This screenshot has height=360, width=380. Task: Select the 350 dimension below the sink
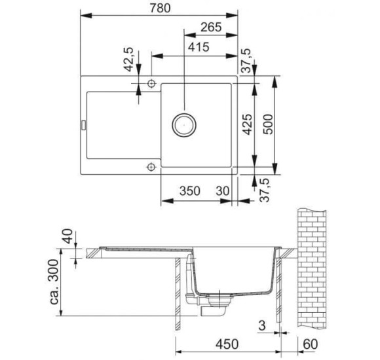pos(190,191)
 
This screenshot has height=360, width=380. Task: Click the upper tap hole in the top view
pos(151,83)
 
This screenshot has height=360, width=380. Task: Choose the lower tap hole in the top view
pos(151,167)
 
